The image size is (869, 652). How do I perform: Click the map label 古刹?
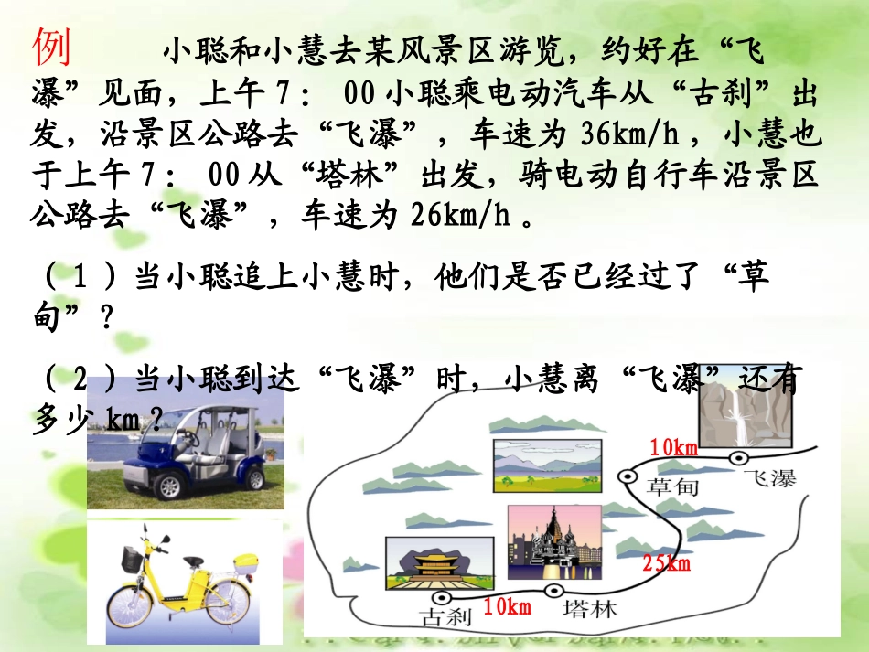(445, 616)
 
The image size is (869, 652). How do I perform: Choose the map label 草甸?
(672, 487)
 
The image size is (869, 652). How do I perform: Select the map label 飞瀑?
(769, 478)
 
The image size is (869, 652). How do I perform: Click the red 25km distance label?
(666, 563)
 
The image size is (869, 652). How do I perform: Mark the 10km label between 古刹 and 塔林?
(507, 606)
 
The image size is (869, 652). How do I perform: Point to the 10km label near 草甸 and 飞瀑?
(674, 447)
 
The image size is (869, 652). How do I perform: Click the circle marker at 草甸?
(628, 476)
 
